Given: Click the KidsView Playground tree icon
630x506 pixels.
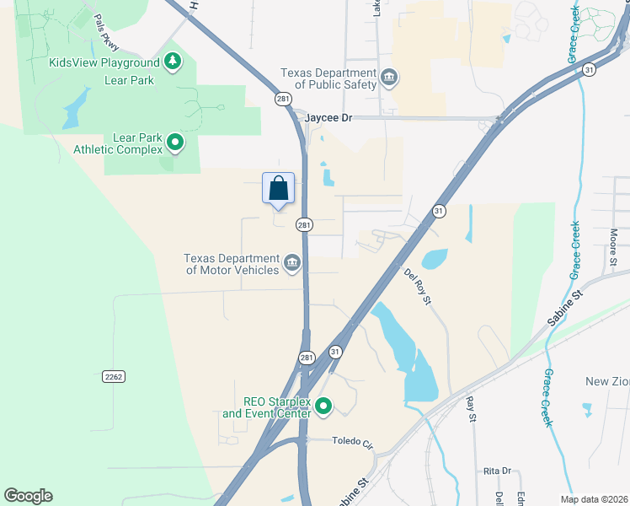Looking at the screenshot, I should point(173,62).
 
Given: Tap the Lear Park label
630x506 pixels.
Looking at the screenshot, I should point(129,80).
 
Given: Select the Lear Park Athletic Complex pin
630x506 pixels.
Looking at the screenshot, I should point(175,143).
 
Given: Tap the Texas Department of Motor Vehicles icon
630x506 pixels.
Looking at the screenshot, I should point(292,264).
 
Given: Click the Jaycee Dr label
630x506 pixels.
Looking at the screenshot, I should point(328,118).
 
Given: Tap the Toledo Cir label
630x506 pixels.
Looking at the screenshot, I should point(352,441).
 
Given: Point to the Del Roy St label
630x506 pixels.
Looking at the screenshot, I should point(417,286).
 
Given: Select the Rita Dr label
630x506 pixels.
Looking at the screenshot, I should point(497,471).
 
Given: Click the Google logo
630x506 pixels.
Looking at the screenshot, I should point(28,496).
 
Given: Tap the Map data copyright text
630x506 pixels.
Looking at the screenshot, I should point(594,499).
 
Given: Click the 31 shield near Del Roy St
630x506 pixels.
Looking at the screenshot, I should point(438,211).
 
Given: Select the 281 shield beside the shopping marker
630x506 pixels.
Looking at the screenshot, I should point(304,224).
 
